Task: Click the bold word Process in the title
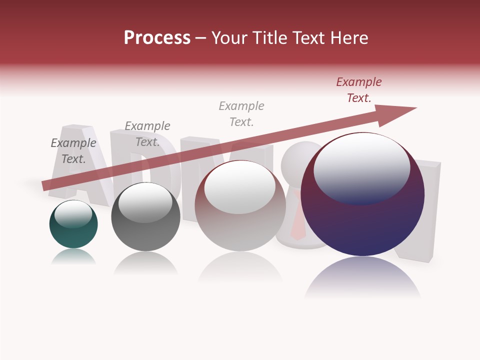157,38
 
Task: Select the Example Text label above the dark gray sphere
147,134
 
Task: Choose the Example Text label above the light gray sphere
241,114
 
